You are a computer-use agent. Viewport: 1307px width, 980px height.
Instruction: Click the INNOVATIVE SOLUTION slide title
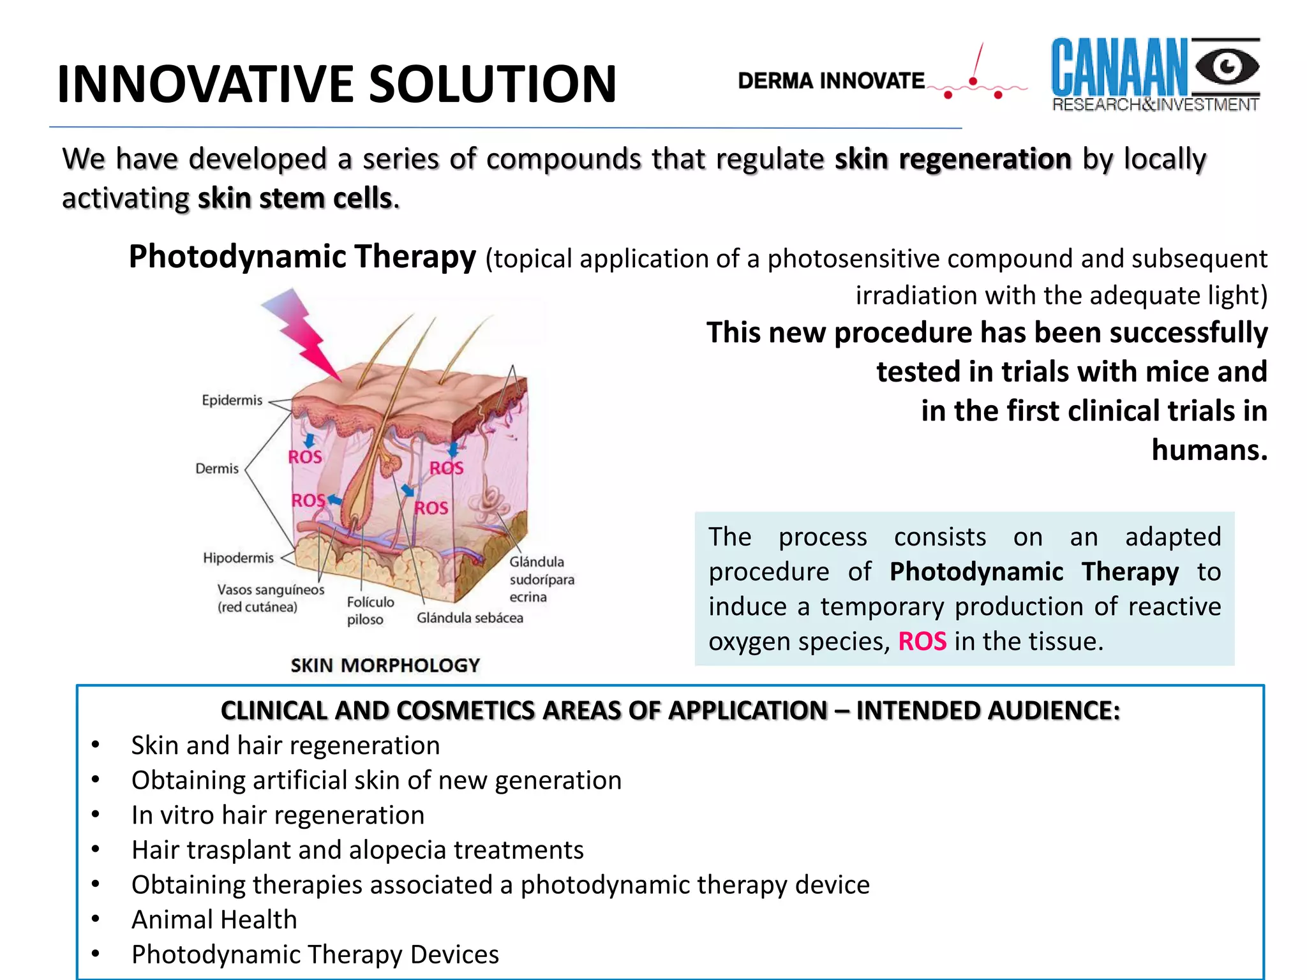[x=336, y=84]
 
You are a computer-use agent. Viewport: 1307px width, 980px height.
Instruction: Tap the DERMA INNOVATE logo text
[x=831, y=81]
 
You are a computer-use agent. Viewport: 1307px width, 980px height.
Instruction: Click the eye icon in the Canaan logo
[x=1226, y=67]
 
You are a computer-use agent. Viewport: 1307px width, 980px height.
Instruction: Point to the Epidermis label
[x=232, y=400]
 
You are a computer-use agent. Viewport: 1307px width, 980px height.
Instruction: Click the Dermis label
[x=217, y=468]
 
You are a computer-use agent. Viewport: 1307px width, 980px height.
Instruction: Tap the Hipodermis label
[x=238, y=558]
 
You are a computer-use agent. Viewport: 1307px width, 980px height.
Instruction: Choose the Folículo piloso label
[x=370, y=611]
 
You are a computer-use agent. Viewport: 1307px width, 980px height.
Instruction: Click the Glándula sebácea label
[x=470, y=618]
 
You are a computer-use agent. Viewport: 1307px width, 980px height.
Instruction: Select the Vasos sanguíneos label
[x=270, y=598]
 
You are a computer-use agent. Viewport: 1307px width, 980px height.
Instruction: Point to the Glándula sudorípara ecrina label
[x=541, y=579]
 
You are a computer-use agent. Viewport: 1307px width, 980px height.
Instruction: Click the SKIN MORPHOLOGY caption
[x=385, y=665]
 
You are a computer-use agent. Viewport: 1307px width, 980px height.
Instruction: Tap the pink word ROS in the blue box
[x=922, y=641]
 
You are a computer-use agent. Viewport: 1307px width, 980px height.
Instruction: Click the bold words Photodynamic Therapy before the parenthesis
[x=302, y=257]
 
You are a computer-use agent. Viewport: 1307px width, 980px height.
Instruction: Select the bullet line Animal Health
[x=214, y=919]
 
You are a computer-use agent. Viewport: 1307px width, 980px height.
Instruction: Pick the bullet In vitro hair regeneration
[x=278, y=815]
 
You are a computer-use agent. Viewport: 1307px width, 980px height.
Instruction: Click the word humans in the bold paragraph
[x=1209, y=450]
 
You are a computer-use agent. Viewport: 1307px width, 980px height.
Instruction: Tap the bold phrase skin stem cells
[x=295, y=198]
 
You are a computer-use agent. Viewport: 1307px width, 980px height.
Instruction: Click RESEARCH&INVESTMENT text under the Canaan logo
[x=1155, y=105]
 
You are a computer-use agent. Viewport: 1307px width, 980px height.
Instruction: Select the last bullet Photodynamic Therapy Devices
[x=315, y=954]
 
